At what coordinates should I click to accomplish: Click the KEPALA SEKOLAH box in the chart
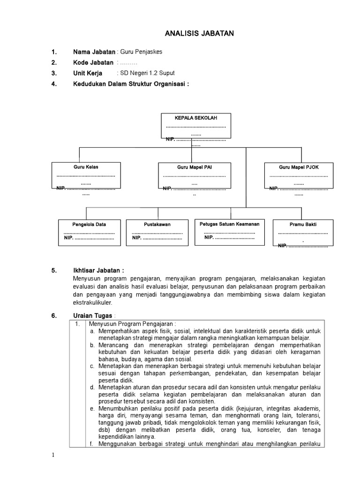(x=195, y=126)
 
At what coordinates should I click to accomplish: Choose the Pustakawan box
(x=157, y=232)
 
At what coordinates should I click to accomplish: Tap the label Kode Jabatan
(x=93, y=63)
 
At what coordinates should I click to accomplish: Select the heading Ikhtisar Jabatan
(x=98, y=270)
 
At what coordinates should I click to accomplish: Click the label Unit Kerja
(x=88, y=73)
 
